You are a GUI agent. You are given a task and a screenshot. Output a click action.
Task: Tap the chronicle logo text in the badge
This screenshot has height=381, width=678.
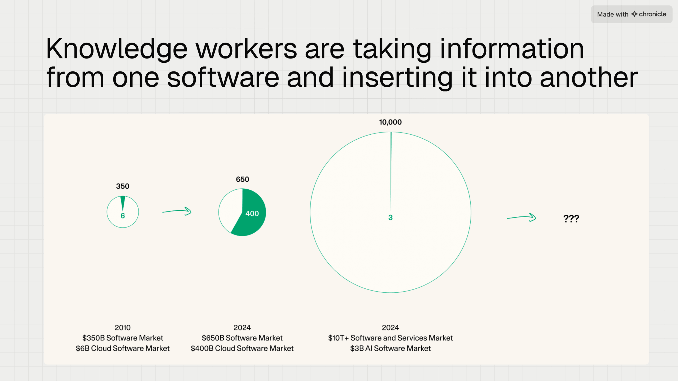pos(652,14)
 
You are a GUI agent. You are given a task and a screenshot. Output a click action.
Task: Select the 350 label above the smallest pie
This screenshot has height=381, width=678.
pos(123,186)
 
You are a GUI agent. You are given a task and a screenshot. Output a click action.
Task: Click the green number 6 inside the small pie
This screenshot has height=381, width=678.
pos(123,216)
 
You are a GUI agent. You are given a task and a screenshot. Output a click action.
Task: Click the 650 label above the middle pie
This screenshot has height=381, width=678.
pos(242,179)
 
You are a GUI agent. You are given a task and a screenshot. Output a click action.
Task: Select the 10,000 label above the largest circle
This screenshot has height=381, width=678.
pos(390,122)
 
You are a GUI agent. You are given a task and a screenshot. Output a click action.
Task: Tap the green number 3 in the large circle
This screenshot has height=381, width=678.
pos(390,217)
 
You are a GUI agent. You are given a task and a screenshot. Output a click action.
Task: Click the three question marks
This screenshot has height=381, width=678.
pos(571,219)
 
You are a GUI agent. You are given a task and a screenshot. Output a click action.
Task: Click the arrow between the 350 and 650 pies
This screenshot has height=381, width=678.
pos(177,211)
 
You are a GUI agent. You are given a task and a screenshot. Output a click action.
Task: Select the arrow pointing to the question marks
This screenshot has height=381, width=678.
pos(521,217)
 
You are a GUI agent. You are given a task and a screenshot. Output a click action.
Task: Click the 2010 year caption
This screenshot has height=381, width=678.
pos(123,328)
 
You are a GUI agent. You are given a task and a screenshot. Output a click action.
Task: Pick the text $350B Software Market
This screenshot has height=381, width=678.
pos(123,338)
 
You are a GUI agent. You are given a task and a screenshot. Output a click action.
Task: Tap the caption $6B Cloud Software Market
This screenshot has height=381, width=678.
pos(123,348)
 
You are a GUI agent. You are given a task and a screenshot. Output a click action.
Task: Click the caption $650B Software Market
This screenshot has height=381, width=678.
pos(242,338)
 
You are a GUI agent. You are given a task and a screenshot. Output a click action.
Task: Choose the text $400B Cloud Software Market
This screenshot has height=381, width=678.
pos(242,348)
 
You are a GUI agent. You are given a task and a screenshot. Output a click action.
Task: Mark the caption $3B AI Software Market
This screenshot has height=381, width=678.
pos(390,348)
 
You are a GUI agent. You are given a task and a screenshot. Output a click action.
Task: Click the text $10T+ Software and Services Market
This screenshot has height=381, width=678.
pos(390,338)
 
